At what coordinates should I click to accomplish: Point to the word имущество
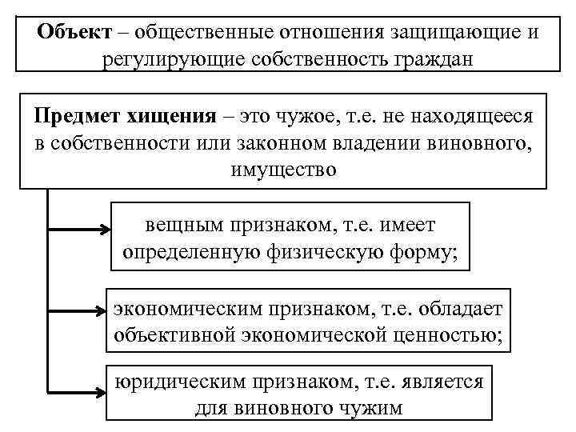283,170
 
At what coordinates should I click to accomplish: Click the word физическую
326,253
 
